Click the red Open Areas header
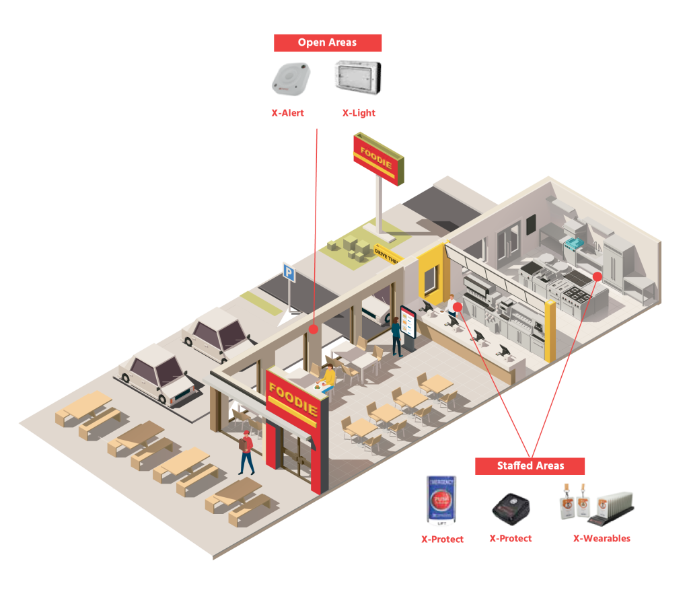pyautogui.click(x=328, y=43)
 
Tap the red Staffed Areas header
pyautogui.click(x=530, y=465)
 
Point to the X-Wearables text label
pyautogui.click(x=602, y=538)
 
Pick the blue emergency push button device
pyautogui.click(x=441, y=500)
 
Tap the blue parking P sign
pyautogui.click(x=289, y=273)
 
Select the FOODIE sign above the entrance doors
pyautogui.click(x=293, y=399)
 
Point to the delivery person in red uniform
pyautogui.click(x=246, y=451)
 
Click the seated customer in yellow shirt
pyautogui.click(x=328, y=377)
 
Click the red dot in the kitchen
pyautogui.click(x=597, y=276)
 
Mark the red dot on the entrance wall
pyautogui.click(x=313, y=329)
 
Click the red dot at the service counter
pyautogui.click(x=458, y=307)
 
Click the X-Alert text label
pyautogui.click(x=287, y=113)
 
